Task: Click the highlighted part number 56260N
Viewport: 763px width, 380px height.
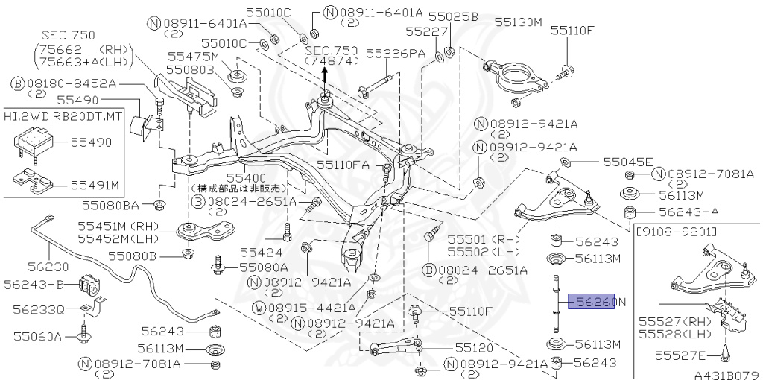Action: click(x=592, y=301)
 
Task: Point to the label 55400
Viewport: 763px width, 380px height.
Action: click(x=247, y=178)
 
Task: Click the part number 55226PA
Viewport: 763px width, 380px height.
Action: click(x=395, y=54)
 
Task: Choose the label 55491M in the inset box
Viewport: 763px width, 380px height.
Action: click(x=95, y=184)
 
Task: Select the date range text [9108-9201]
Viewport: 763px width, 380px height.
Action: click(x=676, y=232)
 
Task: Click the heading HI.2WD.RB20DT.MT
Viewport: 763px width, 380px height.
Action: click(x=56, y=117)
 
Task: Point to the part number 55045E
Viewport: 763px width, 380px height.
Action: click(x=627, y=162)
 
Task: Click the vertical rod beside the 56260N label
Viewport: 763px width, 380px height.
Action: click(x=556, y=305)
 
